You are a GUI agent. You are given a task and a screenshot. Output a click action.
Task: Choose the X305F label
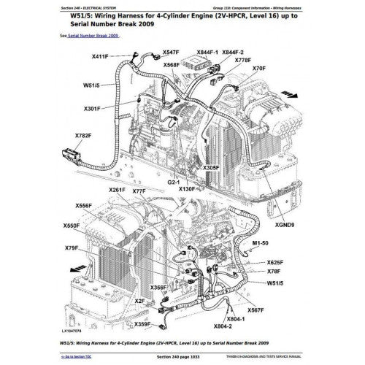(210, 168)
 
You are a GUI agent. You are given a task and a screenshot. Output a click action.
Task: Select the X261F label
(118, 191)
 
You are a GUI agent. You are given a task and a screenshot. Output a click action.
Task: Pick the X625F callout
(274, 261)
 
